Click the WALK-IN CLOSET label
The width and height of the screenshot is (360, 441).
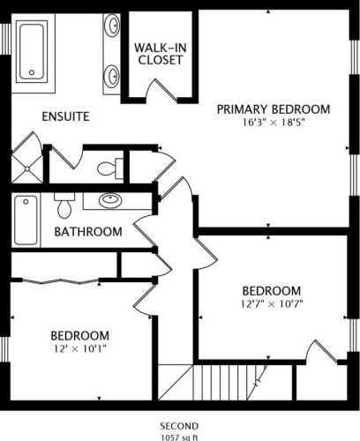[161, 54]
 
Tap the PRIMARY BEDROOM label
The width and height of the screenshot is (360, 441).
[274, 109]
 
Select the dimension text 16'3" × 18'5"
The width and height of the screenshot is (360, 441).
[273, 123]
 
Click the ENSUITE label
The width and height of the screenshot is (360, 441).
[65, 116]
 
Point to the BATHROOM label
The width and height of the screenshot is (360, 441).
[88, 232]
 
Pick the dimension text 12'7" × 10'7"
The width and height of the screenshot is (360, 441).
[272, 303]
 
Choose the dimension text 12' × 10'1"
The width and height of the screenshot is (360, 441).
[79, 348]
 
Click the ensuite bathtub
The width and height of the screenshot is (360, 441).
[32, 51]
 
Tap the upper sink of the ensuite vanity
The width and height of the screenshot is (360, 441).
[112, 26]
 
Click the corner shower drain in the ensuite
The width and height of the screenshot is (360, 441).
[27, 168]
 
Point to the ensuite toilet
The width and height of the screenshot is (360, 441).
[110, 168]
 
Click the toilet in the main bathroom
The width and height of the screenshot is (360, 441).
[64, 206]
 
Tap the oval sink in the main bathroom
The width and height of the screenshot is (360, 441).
[110, 200]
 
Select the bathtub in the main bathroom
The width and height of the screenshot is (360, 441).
[26, 220]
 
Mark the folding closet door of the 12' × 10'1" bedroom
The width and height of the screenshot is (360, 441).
[60, 281]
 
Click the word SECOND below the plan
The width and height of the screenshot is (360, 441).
[179, 426]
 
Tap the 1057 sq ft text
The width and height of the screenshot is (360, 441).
[179, 437]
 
